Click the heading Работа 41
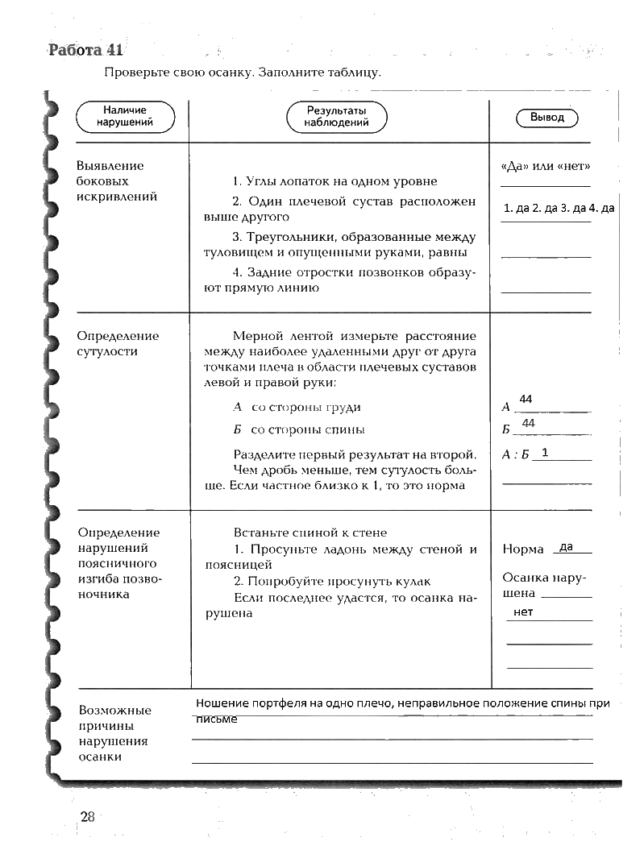[x=85, y=49]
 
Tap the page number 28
[x=88, y=817]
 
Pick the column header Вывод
[x=547, y=118]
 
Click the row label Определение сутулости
[x=118, y=343]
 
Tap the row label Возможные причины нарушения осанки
[x=115, y=733]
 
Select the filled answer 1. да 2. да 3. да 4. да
[x=558, y=209]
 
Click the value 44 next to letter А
[x=526, y=400]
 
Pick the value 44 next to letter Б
[x=529, y=423]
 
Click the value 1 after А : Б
[x=546, y=453]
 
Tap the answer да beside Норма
[x=566, y=547]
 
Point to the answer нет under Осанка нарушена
[x=523, y=612]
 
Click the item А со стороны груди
[x=297, y=408]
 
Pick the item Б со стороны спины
[x=298, y=429]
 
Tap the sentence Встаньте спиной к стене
[x=310, y=533]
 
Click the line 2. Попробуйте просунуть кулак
[x=332, y=581]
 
